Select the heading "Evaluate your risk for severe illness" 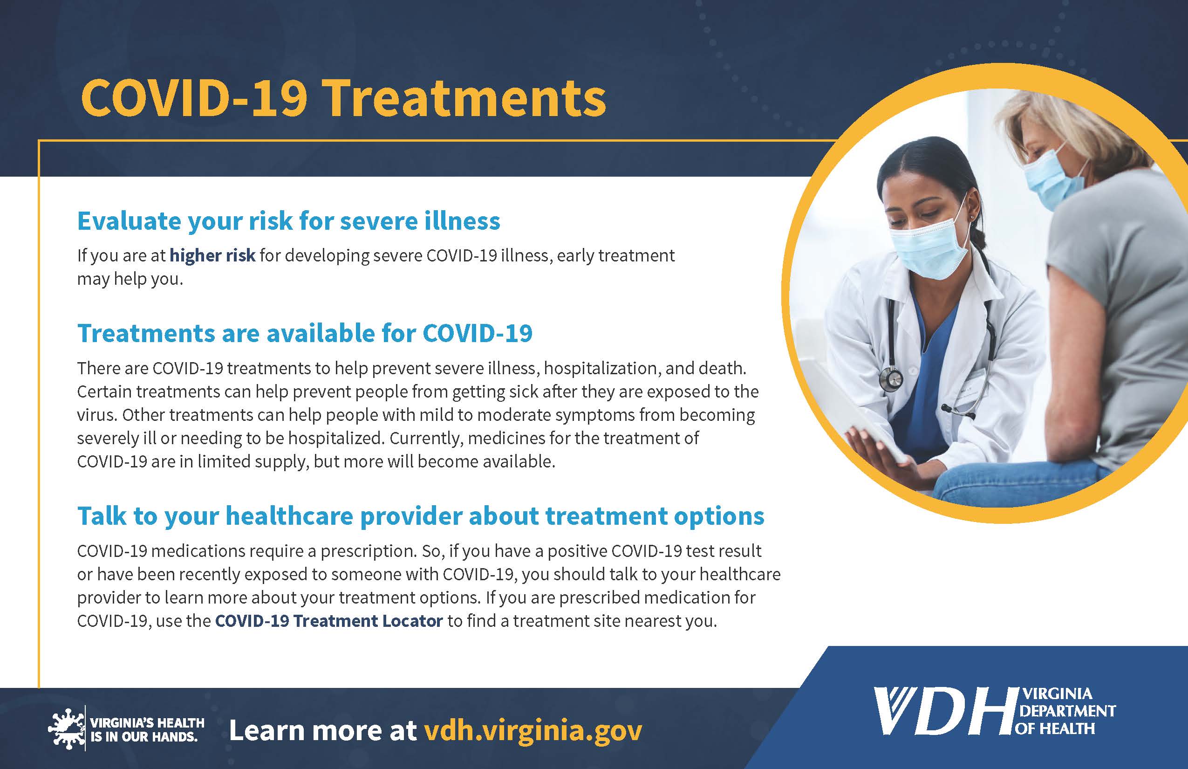click(x=288, y=221)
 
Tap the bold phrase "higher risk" click(x=212, y=256)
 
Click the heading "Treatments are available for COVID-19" click(x=305, y=333)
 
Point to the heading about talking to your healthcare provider click(x=420, y=516)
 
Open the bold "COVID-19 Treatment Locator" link click(x=328, y=621)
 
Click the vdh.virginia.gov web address click(x=533, y=731)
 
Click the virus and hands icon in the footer click(x=66, y=729)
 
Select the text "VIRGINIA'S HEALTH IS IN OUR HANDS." click(x=147, y=729)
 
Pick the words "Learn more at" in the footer click(x=322, y=731)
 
